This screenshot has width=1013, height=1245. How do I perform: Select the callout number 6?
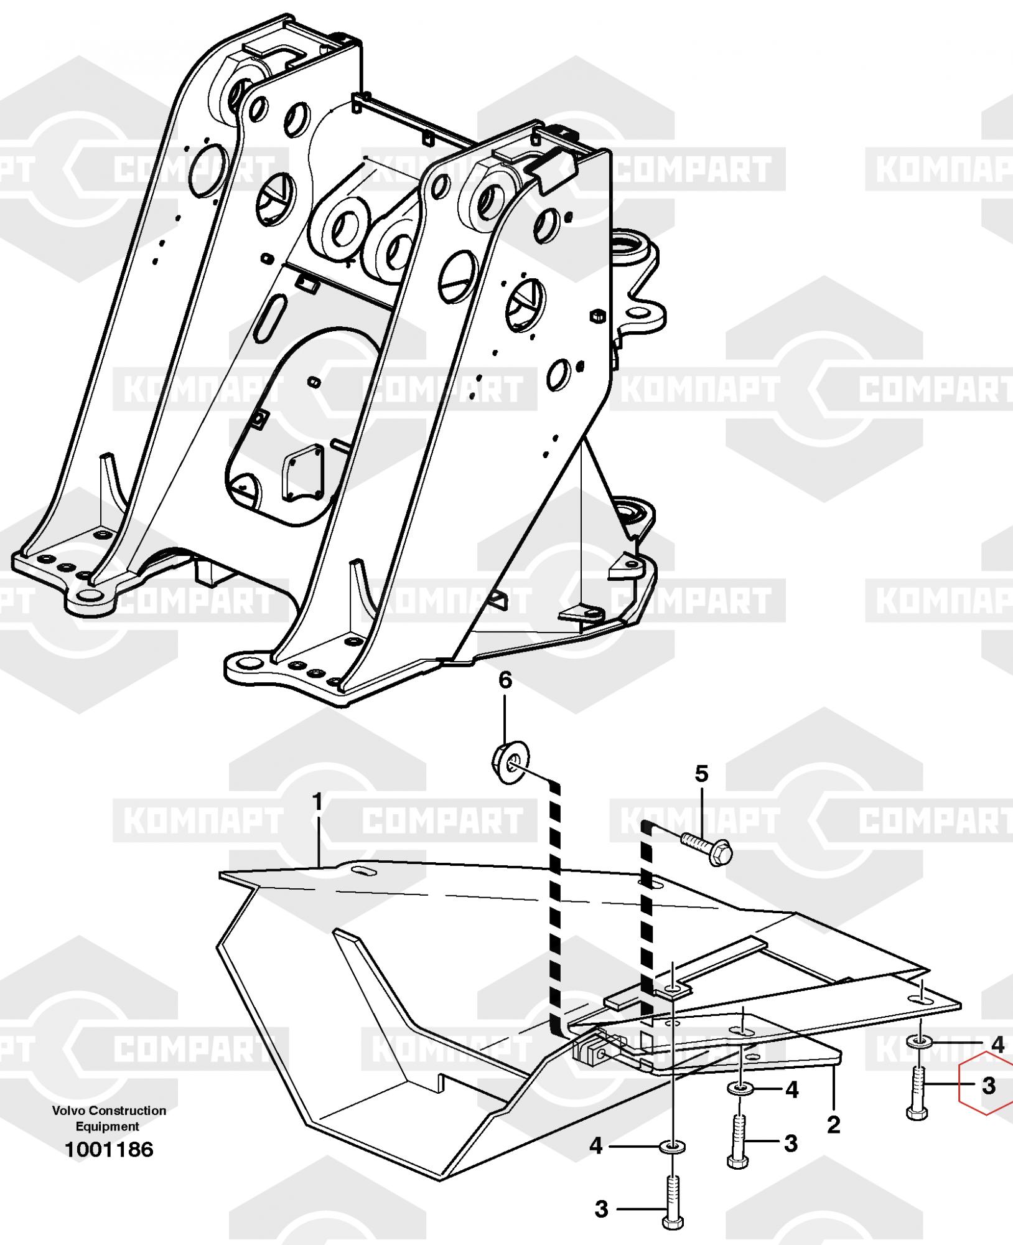505,680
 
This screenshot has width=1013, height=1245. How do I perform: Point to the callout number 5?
701,775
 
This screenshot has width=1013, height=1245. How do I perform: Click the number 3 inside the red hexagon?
988,1086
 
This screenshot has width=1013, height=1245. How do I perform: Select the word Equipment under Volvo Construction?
108,1126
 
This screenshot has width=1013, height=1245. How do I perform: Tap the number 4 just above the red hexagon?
997,1045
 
